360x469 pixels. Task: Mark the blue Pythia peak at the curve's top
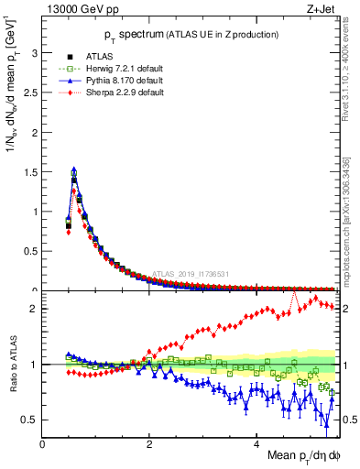[x=73, y=169]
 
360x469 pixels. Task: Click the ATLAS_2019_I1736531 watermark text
[x=191, y=273]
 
